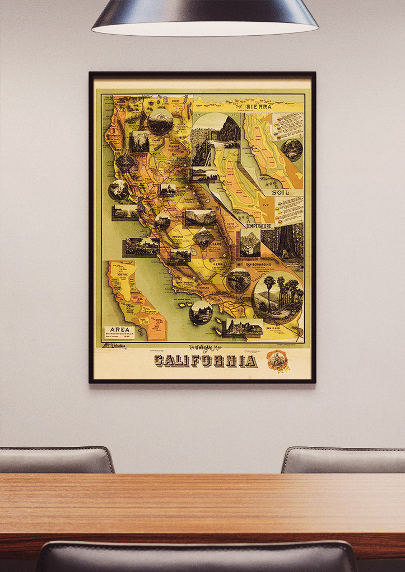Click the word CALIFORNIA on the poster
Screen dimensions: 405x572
click(x=206, y=361)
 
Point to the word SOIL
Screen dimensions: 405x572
click(x=280, y=192)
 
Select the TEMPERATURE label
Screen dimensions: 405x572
click(x=258, y=226)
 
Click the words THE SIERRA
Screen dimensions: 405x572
click(x=253, y=106)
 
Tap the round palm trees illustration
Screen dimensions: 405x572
click(x=278, y=297)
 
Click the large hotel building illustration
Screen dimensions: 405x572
click(x=244, y=328)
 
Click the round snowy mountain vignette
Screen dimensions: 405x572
click(x=160, y=121)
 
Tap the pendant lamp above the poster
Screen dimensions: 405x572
click(x=205, y=17)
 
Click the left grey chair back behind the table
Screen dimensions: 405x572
click(x=56, y=460)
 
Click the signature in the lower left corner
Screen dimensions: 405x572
click(x=113, y=346)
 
